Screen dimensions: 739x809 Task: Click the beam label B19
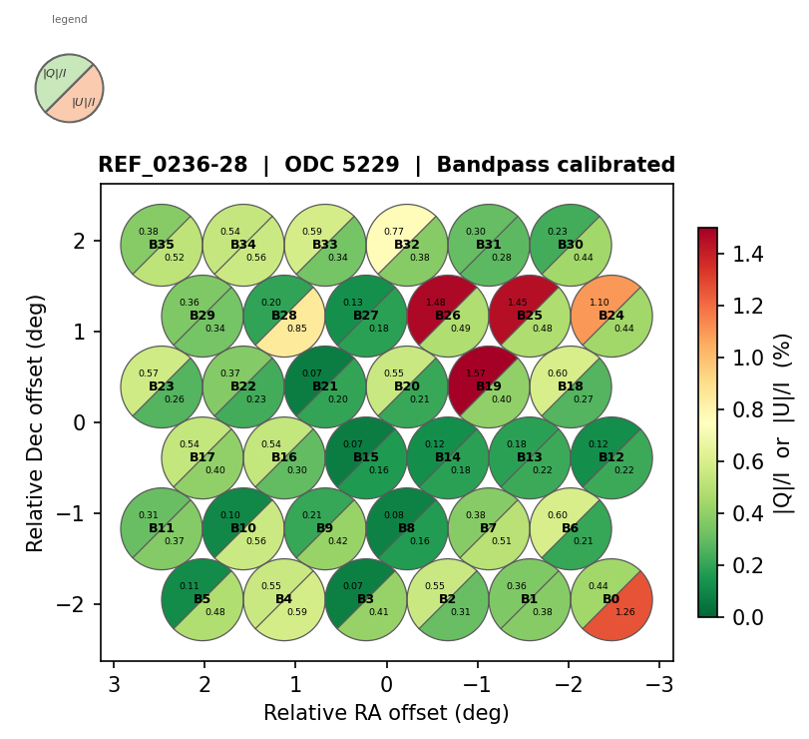pyautogui.click(x=489, y=386)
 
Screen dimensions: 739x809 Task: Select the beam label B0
pyautogui.click(x=611, y=599)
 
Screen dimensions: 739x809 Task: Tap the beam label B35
pyautogui.click(x=162, y=245)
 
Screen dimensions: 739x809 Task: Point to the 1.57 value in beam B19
pyautogui.click(x=476, y=373)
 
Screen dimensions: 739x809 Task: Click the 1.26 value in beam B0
pyautogui.click(x=625, y=612)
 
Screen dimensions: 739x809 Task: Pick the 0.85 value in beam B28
pyautogui.click(x=297, y=329)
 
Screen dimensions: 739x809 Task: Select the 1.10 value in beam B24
pyautogui.click(x=599, y=303)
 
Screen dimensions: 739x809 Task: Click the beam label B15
pyautogui.click(x=366, y=457)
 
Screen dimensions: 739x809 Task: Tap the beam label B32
pyautogui.click(x=407, y=245)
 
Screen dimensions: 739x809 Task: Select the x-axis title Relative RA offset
pyautogui.click(x=386, y=713)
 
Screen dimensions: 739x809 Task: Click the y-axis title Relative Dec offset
pyautogui.click(x=37, y=422)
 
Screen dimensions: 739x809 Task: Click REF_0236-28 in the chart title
pyautogui.click(x=173, y=166)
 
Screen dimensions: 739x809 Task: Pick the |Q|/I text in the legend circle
pyautogui.click(x=55, y=73)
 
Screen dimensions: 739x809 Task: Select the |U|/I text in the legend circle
pyautogui.click(x=84, y=102)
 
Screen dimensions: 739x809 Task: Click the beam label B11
pyautogui.click(x=162, y=528)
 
